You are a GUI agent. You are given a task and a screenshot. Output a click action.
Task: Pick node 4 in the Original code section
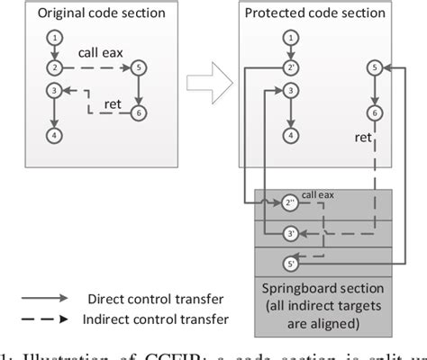(56, 135)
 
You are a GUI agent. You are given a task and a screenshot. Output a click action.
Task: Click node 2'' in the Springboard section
(290, 202)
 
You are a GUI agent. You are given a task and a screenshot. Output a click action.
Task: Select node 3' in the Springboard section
(290, 234)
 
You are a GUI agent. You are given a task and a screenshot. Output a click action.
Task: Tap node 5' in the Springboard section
(290, 264)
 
